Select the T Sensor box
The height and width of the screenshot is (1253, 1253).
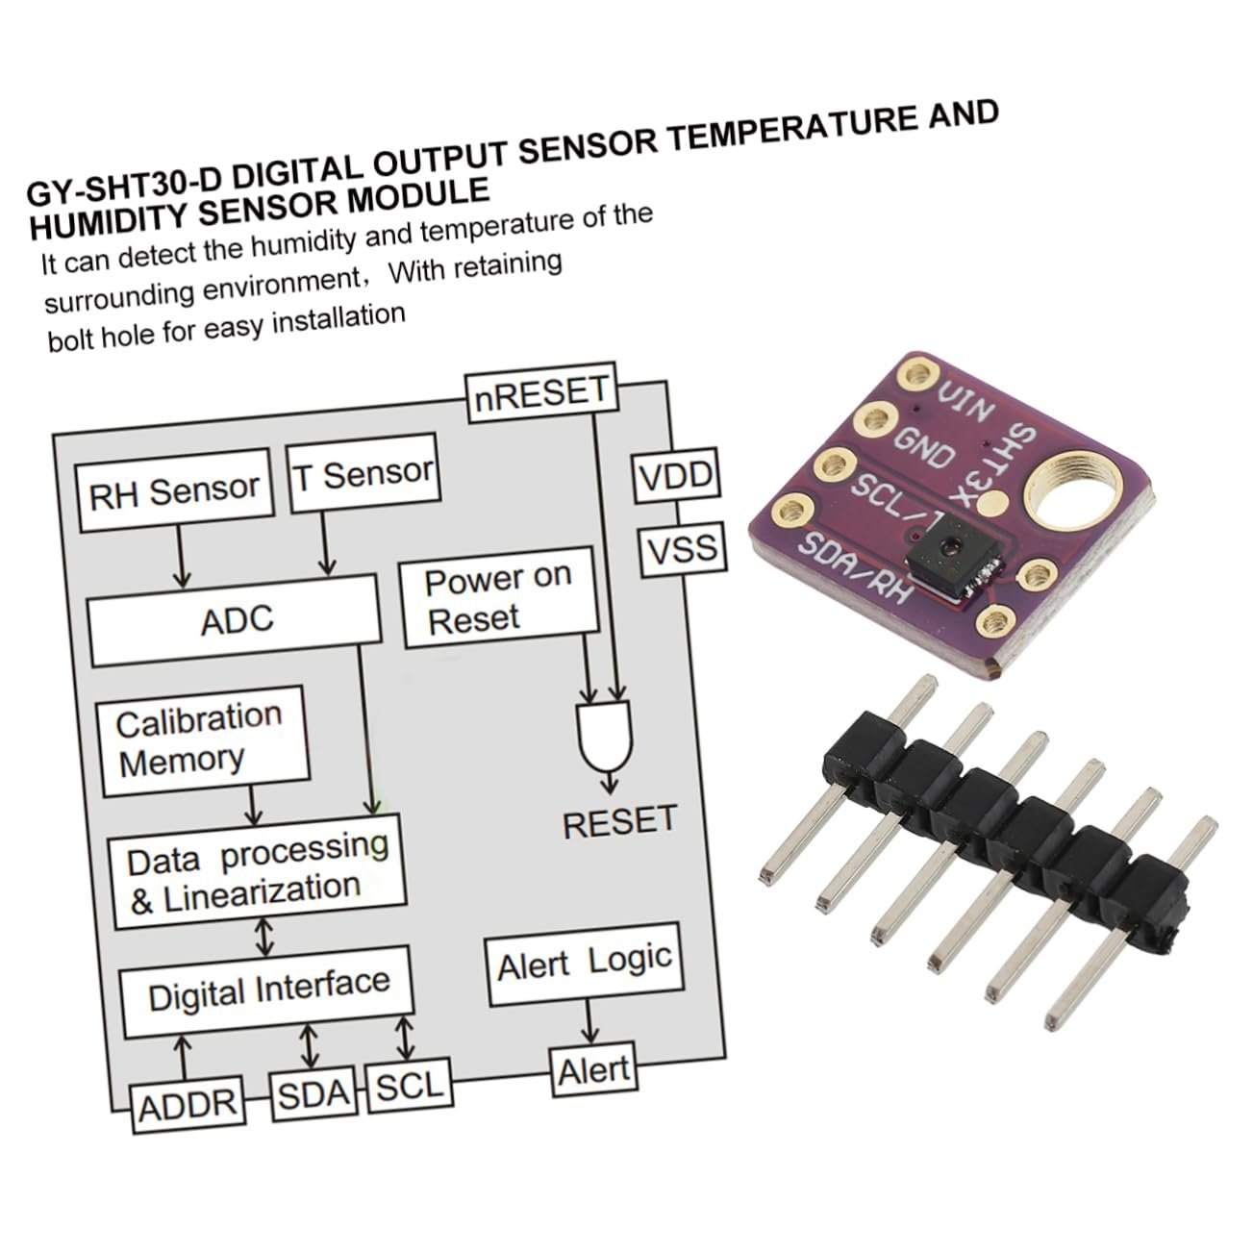(363, 474)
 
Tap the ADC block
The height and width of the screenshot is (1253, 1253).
(236, 619)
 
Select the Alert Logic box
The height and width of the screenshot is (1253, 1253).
(584, 965)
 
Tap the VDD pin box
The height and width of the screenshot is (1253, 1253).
(675, 477)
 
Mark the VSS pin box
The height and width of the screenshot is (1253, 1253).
(682, 549)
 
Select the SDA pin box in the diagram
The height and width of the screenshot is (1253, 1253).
(313, 1094)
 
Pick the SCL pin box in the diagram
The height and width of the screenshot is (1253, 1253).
(410, 1087)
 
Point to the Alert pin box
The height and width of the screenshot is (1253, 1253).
(593, 1069)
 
